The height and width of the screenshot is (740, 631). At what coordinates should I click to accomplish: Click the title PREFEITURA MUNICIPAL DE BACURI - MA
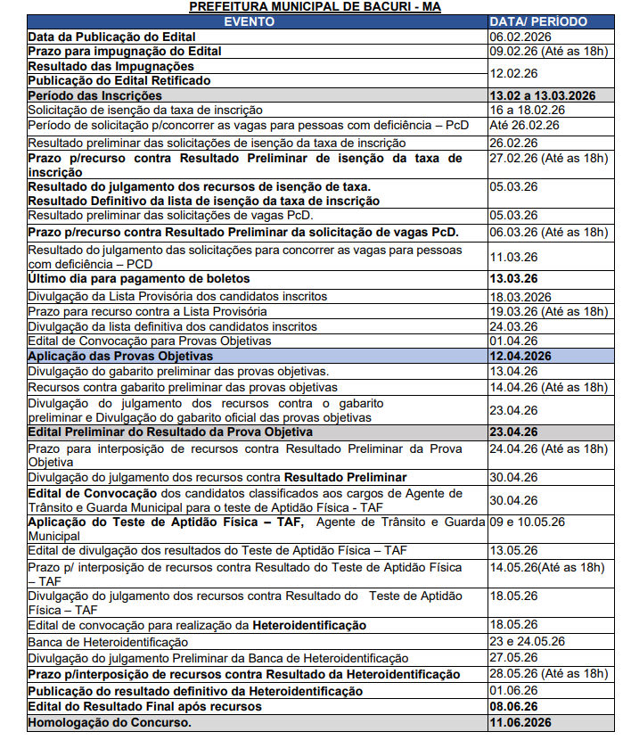(315, 7)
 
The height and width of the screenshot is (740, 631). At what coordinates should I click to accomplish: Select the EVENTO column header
(250, 21)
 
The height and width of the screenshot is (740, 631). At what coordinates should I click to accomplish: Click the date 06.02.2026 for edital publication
(520, 37)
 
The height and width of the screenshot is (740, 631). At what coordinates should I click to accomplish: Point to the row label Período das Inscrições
(95, 95)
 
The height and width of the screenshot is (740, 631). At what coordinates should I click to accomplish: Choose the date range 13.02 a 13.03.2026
(541, 95)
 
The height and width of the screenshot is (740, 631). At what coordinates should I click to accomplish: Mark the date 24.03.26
(513, 326)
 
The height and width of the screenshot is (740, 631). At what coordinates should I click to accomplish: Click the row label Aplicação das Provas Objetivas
(120, 356)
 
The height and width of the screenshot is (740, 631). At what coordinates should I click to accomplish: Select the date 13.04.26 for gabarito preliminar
(513, 371)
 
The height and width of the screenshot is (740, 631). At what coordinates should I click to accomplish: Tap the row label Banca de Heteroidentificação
(108, 642)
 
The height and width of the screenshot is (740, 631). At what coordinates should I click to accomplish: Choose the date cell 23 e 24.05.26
(527, 642)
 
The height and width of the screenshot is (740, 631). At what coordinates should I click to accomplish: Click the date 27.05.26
(513, 658)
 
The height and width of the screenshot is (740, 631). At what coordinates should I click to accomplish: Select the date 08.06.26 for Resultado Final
(514, 706)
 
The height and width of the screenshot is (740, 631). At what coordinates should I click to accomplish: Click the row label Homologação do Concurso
(110, 722)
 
